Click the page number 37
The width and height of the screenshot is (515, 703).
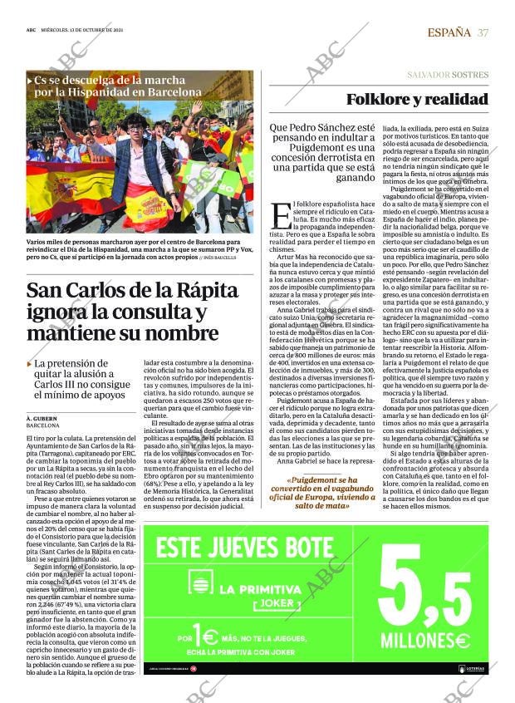tap(483, 32)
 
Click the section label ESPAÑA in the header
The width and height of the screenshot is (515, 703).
tap(449, 32)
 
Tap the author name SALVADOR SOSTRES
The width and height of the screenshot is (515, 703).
tap(448, 75)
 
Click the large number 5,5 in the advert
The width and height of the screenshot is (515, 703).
tap(424, 591)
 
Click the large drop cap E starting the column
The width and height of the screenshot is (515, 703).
tap(280, 215)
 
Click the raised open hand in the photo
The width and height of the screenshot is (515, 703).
tap(196, 107)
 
